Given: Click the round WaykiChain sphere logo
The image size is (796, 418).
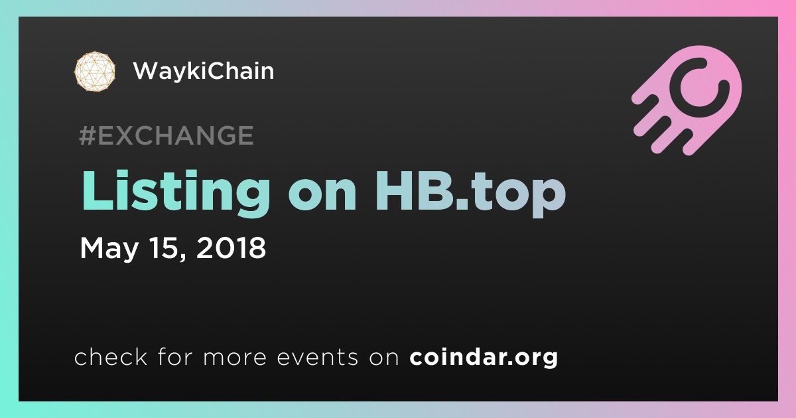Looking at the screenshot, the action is (95, 71).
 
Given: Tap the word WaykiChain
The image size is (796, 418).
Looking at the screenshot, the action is (204, 71).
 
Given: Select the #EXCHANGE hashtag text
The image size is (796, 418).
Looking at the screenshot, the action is (166, 135).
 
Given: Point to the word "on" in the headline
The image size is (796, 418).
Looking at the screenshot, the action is (322, 196).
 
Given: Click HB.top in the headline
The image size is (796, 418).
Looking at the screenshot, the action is (470, 194).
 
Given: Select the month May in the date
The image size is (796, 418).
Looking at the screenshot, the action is (109, 248).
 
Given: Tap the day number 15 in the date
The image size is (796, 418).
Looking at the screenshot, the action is (165, 247).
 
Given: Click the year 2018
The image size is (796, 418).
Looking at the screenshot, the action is (231, 247).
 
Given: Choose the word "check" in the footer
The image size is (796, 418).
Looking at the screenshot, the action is (111, 356).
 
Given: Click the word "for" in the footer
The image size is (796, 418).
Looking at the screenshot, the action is (175, 356).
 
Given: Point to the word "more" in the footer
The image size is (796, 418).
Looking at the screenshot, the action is (235, 358).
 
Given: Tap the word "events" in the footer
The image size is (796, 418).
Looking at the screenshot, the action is (318, 358).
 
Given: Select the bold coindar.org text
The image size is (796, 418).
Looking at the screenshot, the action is (484, 358).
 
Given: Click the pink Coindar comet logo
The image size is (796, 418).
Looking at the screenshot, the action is (687, 100).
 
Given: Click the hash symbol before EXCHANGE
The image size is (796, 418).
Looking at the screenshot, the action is (88, 135).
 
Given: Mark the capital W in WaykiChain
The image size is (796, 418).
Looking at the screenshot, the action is (149, 71).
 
